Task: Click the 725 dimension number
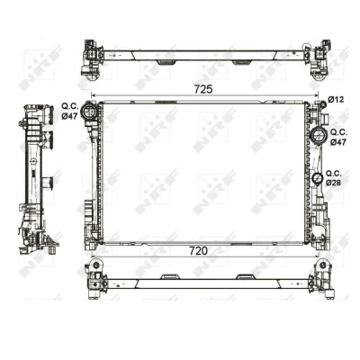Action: coord(203,89)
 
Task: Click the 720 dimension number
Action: coord(198,251)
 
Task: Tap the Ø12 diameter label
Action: coord(336,100)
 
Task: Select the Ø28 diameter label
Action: coord(334,183)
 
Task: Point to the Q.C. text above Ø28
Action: coord(334,174)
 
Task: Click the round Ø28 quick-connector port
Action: coord(317,178)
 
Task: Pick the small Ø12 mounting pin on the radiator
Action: coord(322,105)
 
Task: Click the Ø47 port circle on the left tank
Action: coord(89,112)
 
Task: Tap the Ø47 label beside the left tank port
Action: coord(69,116)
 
